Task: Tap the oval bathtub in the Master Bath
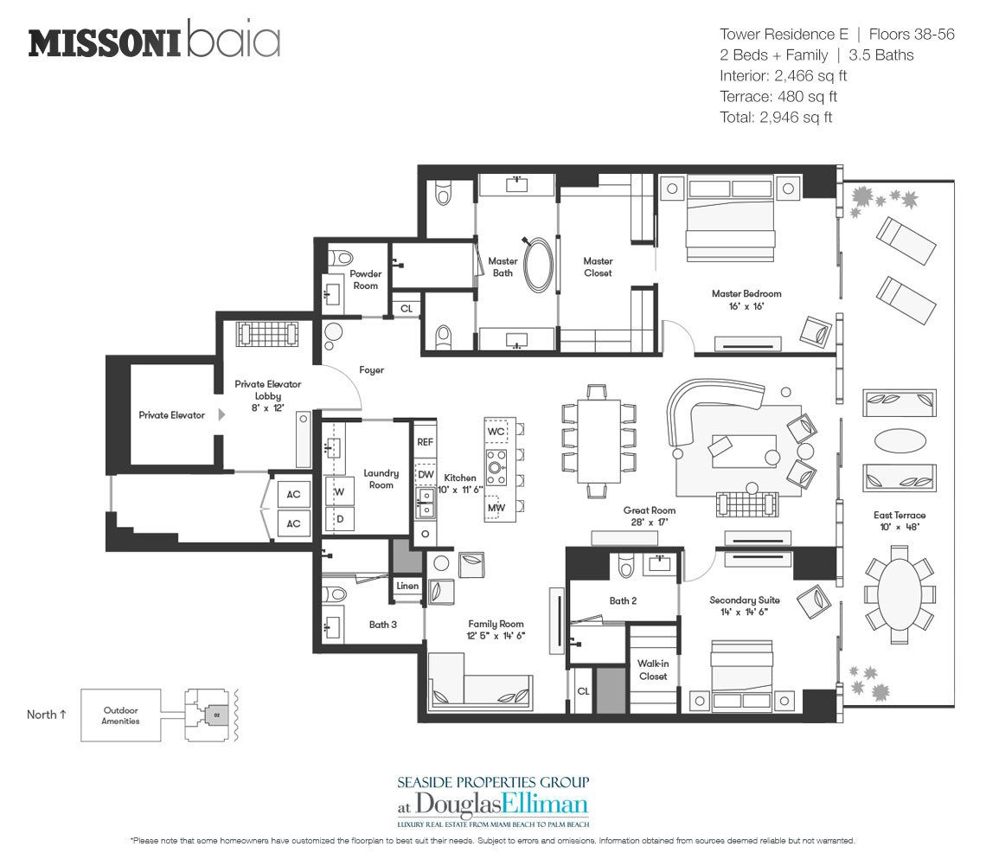(538, 264)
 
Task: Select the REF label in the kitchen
(425, 442)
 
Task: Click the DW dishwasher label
(426, 475)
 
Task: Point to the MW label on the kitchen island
(496, 508)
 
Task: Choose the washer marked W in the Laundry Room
(340, 491)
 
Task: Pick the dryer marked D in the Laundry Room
(340, 519)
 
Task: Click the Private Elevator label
(171, 415)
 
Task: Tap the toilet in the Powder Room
(343, 258)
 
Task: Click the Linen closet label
(407, 586)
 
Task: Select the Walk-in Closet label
(653, 670)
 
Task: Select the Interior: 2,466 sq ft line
(783, 76)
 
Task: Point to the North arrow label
(47, 715)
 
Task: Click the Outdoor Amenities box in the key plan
(121, 715)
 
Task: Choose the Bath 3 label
(383, 625)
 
